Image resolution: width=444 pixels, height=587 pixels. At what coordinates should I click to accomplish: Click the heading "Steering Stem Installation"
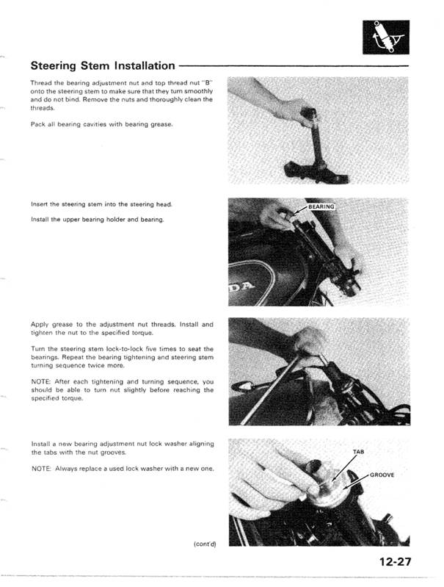[x=103, y=65]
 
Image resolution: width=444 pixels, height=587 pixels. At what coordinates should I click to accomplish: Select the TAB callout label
[x=359, y=451]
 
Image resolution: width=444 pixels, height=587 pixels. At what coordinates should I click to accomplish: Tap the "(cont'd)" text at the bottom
[x=208, y=542]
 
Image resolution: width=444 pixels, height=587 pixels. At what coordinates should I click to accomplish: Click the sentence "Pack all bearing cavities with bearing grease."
[x=102, y=123]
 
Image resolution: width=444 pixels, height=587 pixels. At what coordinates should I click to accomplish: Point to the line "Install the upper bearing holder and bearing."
[x=97, y=220]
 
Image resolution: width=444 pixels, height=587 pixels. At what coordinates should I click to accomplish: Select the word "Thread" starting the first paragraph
[x=42, y=82]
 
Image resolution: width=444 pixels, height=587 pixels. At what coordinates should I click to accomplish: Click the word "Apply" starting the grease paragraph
[x=40, y=324]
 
